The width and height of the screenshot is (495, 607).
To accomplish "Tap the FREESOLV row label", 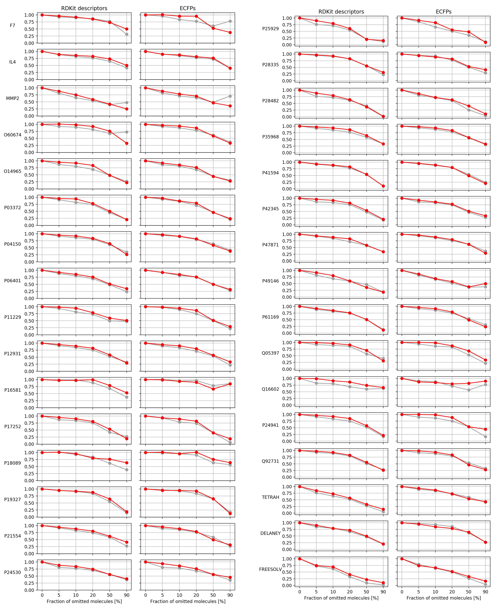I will (270, 569).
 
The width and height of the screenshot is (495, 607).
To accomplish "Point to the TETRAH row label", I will (270, 497).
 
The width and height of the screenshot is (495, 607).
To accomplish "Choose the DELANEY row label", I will (270, 533).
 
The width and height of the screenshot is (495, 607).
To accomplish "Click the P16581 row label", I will (13, 390).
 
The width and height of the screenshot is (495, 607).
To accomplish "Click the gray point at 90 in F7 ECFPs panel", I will (230, 21).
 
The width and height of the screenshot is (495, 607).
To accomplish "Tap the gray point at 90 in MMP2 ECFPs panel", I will (230, 96).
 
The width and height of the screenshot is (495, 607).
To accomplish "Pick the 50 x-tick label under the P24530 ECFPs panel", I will (213, 595).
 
